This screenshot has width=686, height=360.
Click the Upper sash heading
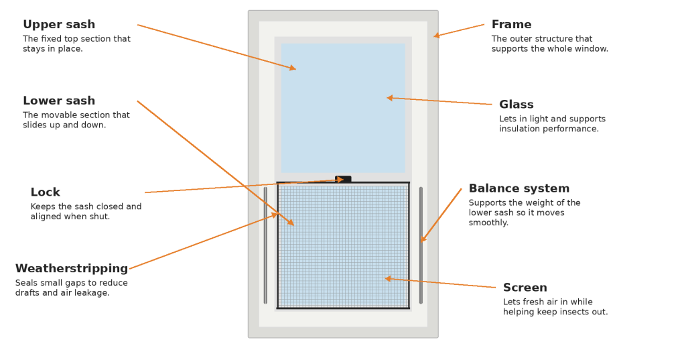coord(59,25)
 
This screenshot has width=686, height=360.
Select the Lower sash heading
coord(59,101)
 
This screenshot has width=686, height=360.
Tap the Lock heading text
coord(45,192)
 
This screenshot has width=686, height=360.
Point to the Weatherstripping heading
coord(72,269)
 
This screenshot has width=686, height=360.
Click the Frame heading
coord(511,25)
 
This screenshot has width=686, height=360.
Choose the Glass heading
coord(516,105)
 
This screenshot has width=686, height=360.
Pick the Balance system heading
coord(519,189)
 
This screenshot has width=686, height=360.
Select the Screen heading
coord(525,288)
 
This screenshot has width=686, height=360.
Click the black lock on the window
coord(343,179)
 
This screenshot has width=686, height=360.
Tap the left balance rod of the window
coord(265,245)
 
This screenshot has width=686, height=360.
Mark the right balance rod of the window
coord(421,245)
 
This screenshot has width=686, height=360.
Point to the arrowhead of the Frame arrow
coord(436,36)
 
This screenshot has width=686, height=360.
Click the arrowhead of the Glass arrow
coord(389,98)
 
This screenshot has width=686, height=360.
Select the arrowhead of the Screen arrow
coord(387,278)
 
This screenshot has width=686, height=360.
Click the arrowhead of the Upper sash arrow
coord(293,68)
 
